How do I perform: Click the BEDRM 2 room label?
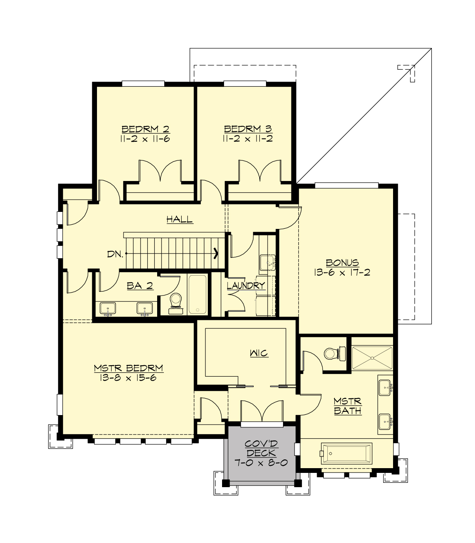(145, 129)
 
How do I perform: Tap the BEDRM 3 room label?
(248, 129)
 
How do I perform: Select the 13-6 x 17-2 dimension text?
(342, 272)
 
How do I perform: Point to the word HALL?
(179, 219)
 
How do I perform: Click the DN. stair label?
(115, 254)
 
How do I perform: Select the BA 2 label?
(140, 286)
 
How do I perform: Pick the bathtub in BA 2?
(197, 295)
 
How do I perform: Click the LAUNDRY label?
(246, 286)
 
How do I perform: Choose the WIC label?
(259, 353)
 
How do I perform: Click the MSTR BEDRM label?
(128, 368)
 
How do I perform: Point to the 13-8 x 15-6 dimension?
(128, 378)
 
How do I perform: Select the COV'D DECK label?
(260, 448)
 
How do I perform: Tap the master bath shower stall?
(372, 358)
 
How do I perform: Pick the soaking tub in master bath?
(347, 453)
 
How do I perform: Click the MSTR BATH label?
(348, 406)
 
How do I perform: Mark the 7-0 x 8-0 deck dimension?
(260, 463)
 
